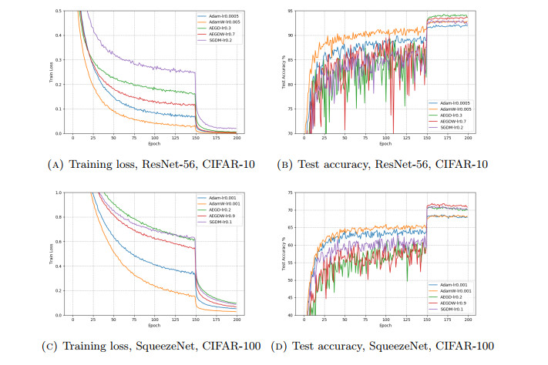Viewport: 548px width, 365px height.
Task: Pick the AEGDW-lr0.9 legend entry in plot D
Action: pyautogui.click(x=453, y=303)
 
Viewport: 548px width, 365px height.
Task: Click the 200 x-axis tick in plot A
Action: pyautogui.click(x=236, y=139)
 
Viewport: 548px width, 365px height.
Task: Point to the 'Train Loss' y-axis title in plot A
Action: pyautogui.click(x=53, y=72)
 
